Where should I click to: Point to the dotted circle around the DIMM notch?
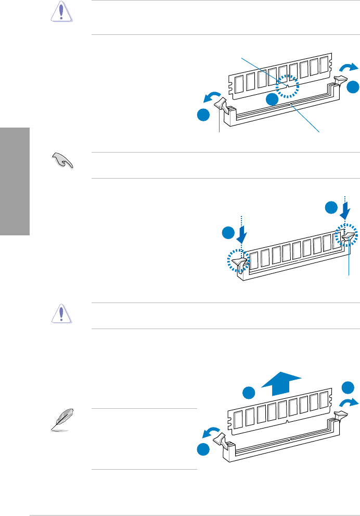(289, 85)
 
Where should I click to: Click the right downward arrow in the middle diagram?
(345, 210)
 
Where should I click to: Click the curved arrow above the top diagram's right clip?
(349, 67)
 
